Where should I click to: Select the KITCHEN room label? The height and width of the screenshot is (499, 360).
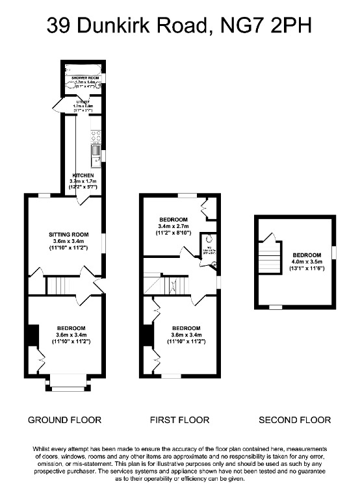coord(83,175)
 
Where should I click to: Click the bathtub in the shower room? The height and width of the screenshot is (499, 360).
coord(83,69)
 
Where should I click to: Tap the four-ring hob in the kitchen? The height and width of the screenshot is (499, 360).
coord(96,136)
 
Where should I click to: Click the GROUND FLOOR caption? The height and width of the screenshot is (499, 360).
coord(64,420)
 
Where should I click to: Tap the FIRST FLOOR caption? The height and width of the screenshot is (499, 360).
coord(179,420)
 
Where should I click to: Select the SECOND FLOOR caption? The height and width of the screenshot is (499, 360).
coord(294,420)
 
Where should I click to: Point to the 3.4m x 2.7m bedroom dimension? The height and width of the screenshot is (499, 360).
coord(172,225)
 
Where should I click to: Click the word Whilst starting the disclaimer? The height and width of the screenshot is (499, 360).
coord(44,449)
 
